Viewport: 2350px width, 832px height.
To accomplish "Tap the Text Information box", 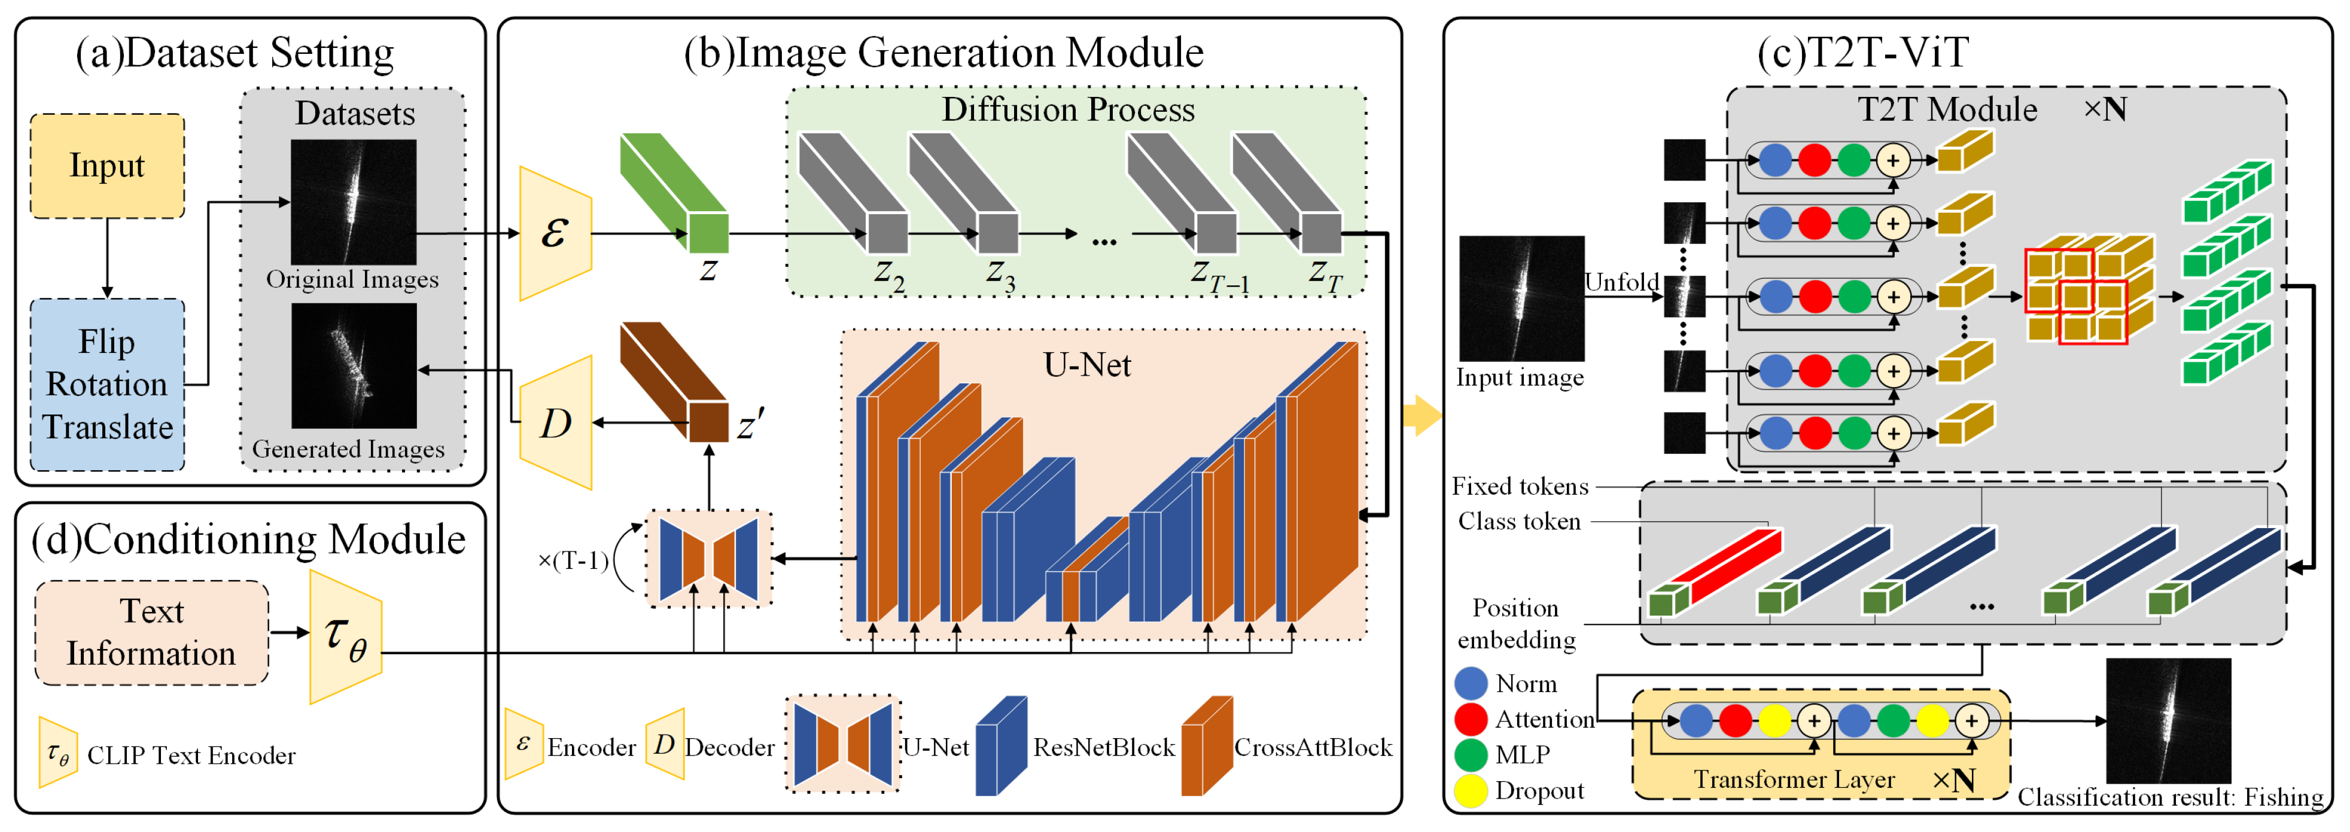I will pyautogui.click(x=151, y=632).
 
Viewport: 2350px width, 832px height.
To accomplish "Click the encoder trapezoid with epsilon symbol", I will pyautogui.click(x=555, y=233).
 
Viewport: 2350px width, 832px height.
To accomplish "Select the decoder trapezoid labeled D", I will pyautogui.click(x=555, y=422).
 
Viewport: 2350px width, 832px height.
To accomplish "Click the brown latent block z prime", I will pyautogui.click(x=675, y=382).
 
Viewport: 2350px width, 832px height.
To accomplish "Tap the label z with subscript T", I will pyautogui.click(x=1325, y=274).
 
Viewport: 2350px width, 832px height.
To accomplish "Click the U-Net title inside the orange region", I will pyautogui.click(x=1086, y=365).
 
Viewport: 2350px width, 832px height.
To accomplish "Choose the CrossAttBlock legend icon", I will pyautogui.click(x=1206, y=746).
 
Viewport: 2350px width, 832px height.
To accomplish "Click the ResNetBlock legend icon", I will pyautogui.click(x=1001, y=746).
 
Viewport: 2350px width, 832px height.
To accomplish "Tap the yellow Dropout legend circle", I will pyautogui.click(x=1471, y=790).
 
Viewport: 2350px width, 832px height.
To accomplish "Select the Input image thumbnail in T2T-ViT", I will pyautogui.click(x=1521, y=298).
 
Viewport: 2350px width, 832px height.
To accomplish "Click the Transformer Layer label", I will pyautogui.click(x=1794, y=779).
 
